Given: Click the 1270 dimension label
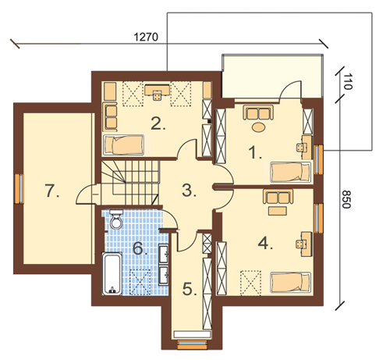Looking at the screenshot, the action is coord(146,37).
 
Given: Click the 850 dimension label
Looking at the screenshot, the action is coord(346,199).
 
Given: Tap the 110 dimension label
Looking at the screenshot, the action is coord(347,81).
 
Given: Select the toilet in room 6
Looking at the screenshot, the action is coord(116,219).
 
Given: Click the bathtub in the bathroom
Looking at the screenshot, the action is coord(112,273).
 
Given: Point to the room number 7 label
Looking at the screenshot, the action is coord(51,191).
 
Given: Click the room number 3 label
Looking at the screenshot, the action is coord(189,191).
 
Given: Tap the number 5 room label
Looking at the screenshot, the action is coord(190,289).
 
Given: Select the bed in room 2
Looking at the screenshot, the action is coord(123,144).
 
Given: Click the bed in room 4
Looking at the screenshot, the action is coord(291,282).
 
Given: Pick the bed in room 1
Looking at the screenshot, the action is coord(291,172).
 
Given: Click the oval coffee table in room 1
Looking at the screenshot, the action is coord(258,127).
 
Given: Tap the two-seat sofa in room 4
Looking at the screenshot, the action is coord(278,197).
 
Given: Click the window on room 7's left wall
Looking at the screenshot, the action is coord(19,189).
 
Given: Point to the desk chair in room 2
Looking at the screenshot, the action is coord(157,96).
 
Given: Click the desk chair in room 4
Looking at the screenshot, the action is coord(300,244).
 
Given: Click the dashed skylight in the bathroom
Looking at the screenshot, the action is coord(140,282).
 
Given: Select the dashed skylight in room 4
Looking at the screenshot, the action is coord(250,283).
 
